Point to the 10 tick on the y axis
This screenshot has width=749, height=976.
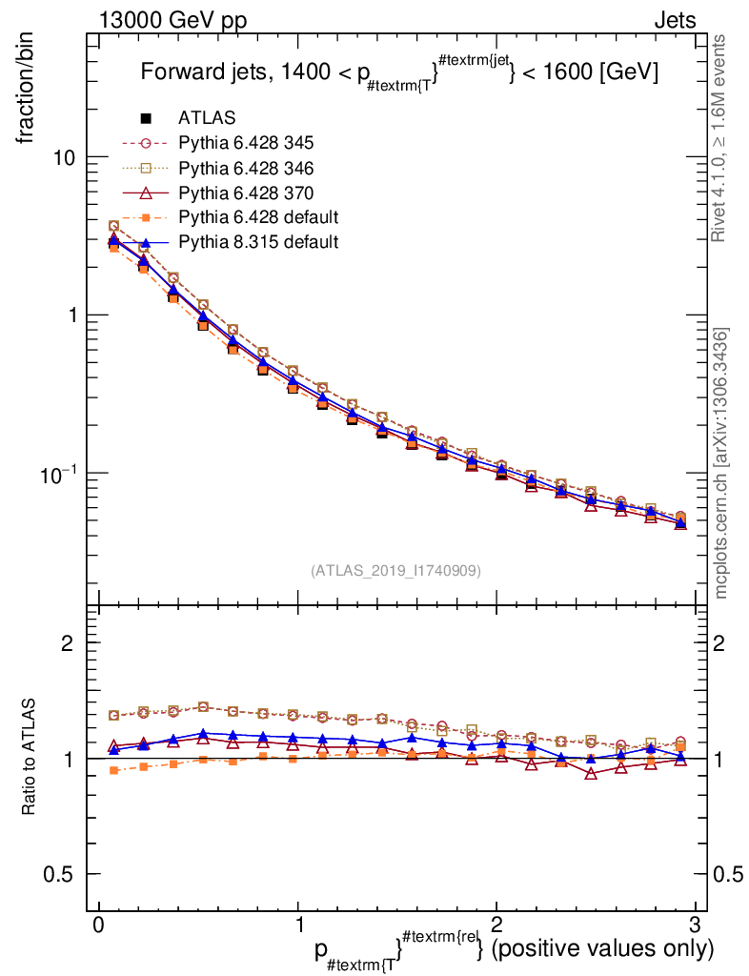(x=64, y=157)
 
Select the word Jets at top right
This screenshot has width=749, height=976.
(x=674, y=20)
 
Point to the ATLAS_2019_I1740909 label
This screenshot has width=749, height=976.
(x=395, y=571)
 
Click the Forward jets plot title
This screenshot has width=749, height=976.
(x=399, y=72)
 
